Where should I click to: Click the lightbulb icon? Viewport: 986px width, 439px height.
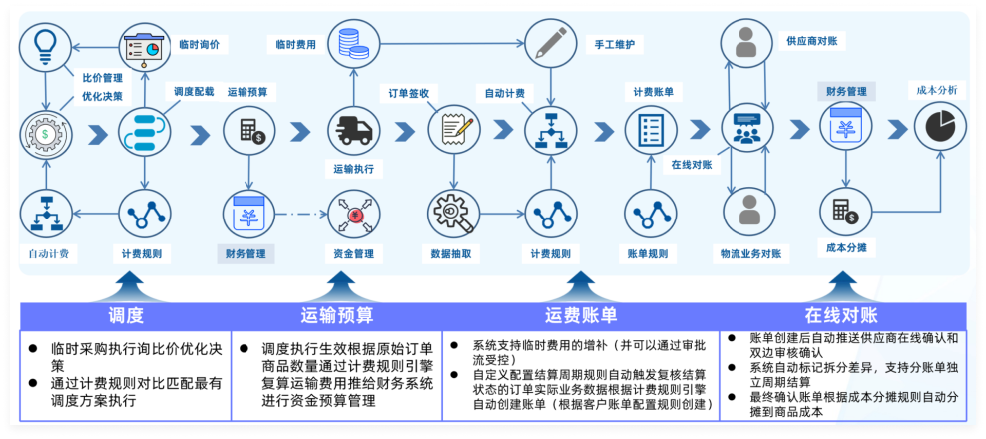pos(46,44)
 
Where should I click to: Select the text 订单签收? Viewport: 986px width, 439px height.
pos(409,93)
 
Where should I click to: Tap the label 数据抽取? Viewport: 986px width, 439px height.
pos(452,253)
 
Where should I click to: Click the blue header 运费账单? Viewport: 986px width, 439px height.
pos(581,316)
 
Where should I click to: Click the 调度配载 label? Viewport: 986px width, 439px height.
pos(194,91)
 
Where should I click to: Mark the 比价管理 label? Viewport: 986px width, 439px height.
pos(103,76)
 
